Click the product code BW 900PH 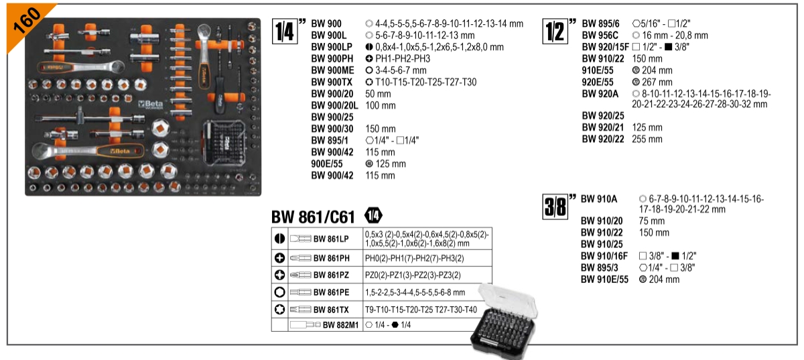(332, 58)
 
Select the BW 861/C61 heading (313, 217)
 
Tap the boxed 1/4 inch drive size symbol (285, 32)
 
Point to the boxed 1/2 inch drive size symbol (555, 32)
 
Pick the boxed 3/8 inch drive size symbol (555, 206)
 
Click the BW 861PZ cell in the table (325, 275)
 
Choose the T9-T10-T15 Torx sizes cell (421, 309)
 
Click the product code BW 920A (600, 94)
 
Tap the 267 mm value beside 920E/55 (657, 82)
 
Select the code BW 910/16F (604, 256)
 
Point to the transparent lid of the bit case (507, 301)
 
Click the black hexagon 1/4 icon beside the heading (373, 216)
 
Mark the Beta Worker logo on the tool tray (151, 105)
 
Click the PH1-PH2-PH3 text (403, 58)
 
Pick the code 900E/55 (327, 164)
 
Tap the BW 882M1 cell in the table (325, 324)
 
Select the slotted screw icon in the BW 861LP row (279, 239)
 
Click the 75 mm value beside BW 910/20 (651, 221)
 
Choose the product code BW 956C (600, 36)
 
